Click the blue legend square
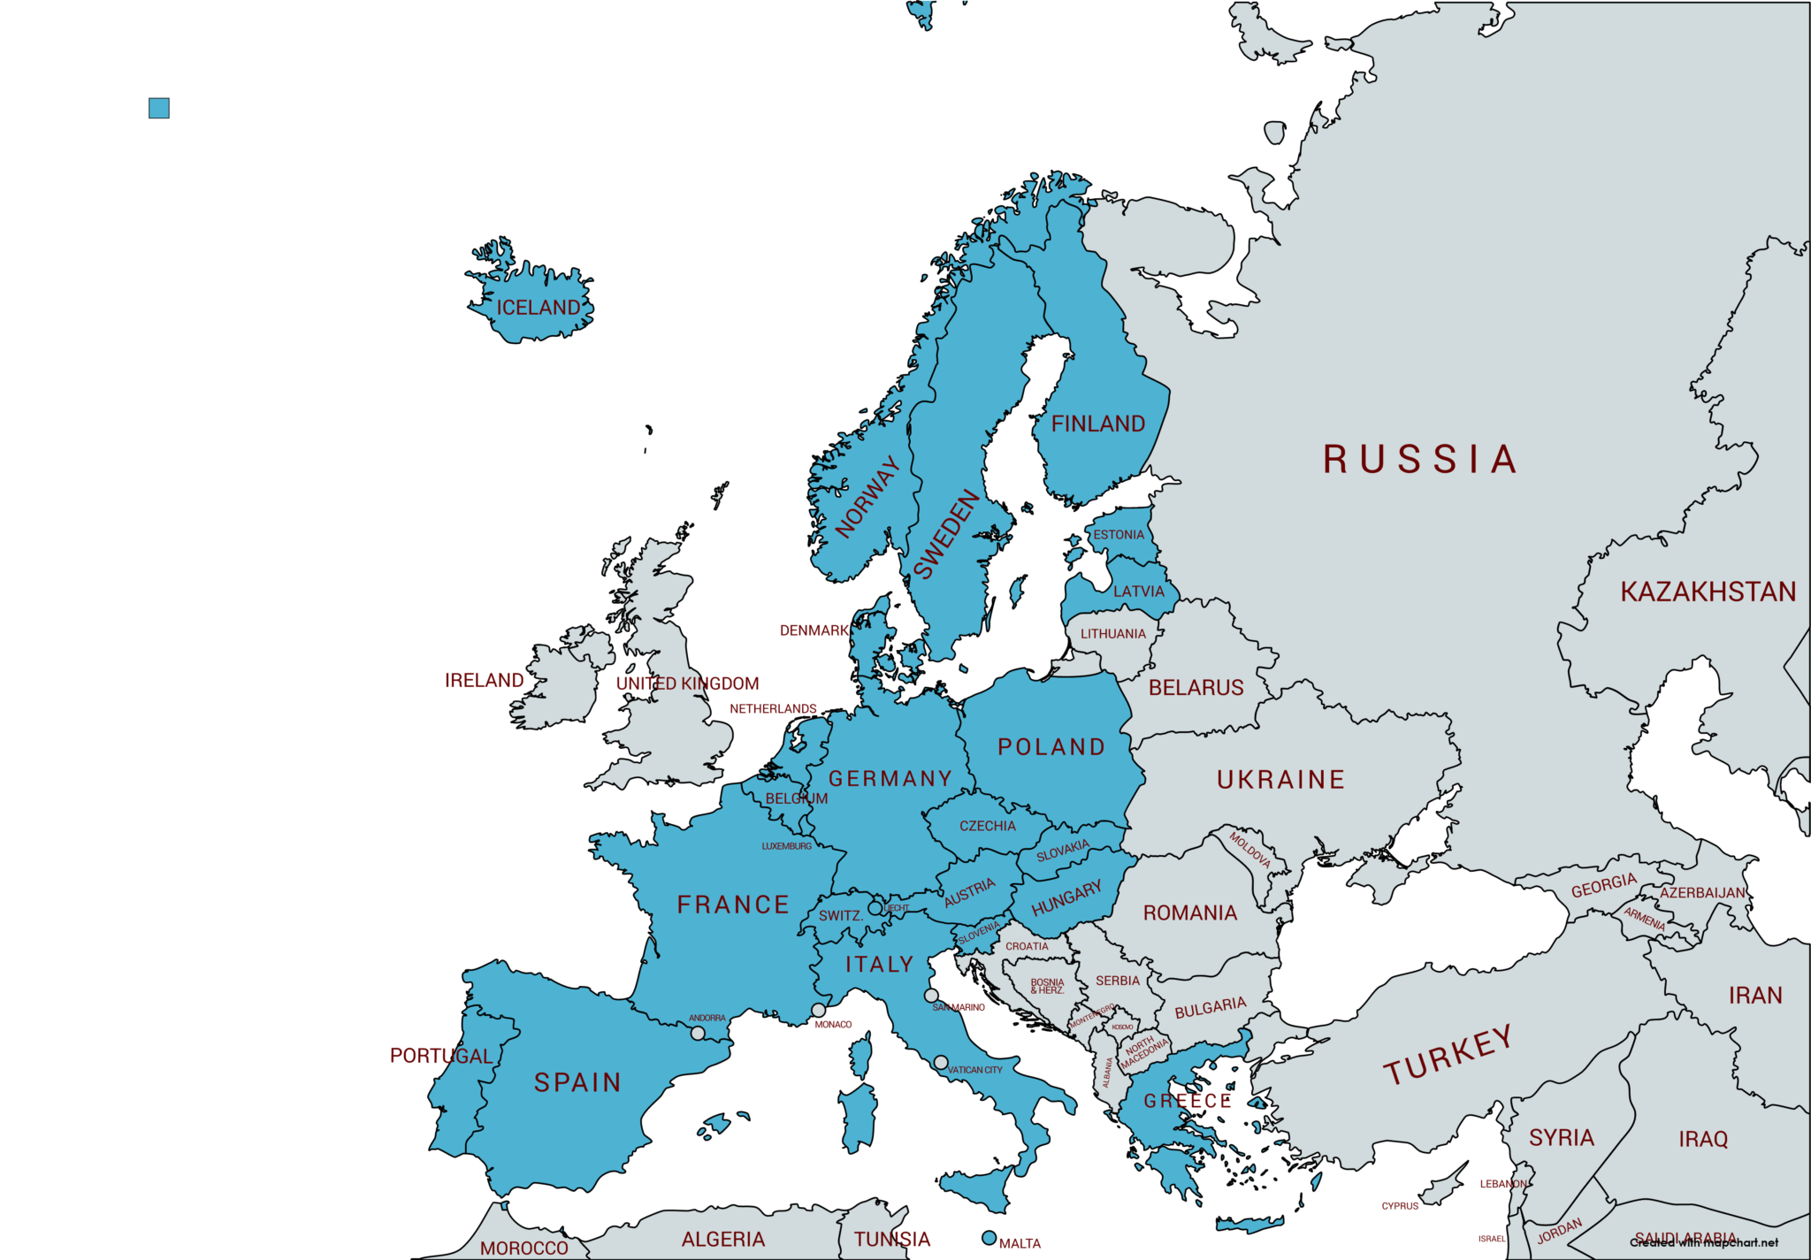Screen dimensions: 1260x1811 pos(159,108)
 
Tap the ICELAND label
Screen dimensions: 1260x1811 pos(538,308)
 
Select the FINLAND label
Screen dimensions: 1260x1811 pos(1097,424)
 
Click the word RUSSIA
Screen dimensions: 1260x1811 pos(1420,460)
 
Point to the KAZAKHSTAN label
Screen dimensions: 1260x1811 pos(1708,592)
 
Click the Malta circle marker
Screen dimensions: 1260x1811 pos(990,1238)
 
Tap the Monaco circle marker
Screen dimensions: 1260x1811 pos(819,1010)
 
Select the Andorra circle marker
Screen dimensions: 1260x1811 pos(698,1033)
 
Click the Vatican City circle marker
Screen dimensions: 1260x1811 pos(941,1062)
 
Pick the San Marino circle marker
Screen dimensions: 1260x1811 pos(931,996)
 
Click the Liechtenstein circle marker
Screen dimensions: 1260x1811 pos(875,907)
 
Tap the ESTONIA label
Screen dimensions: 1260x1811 pos(1119,535)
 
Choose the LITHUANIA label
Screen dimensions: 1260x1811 pos(1112,634)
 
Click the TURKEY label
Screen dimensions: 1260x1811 pos(1448,1055)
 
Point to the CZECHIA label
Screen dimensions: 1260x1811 pos(988,826)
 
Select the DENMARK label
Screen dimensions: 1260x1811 pos(814,630)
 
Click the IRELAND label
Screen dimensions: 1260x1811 pos(484,680)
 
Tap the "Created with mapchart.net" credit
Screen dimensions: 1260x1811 pos(1703,1242)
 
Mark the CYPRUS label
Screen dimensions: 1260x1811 pos(1400,1206)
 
